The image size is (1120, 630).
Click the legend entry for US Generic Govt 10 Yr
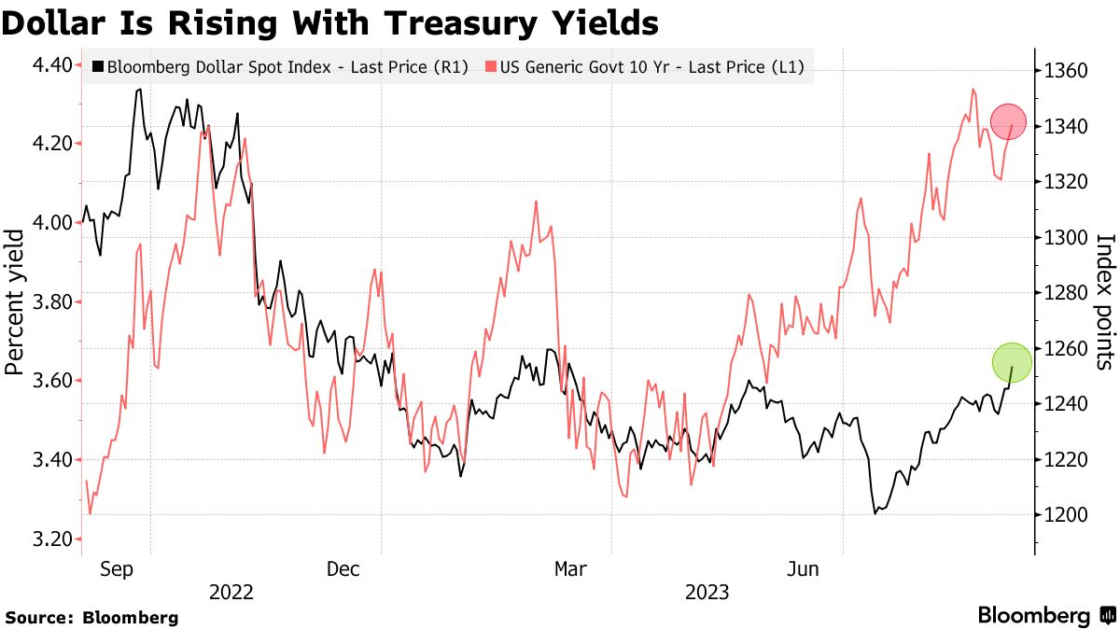[644, 66]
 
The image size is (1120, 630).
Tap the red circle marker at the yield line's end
[1008, 121]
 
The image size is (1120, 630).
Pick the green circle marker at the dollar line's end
[1012, 362]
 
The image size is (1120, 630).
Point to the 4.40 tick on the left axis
[52, 64]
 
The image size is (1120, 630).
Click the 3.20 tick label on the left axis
[52, 539]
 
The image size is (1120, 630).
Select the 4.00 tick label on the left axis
[52, 222]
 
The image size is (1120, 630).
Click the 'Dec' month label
[343, 568]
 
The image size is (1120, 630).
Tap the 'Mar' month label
[571, 568]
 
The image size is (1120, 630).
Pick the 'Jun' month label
[805, 568]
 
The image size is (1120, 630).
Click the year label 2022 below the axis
[231, 592]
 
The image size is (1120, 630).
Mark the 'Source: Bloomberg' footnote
[91, 617]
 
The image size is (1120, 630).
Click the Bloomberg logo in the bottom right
[1045, 616]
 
